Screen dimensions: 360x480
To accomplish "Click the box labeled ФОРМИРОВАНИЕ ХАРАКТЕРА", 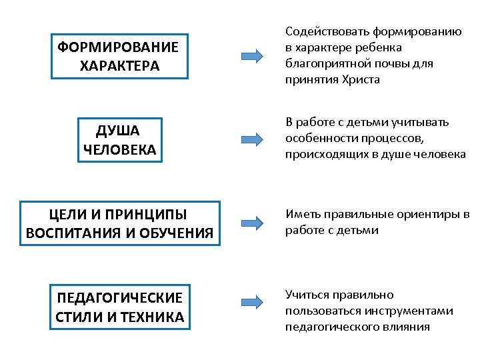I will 119,57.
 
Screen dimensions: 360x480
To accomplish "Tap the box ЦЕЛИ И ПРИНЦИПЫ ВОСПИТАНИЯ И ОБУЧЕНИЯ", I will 119,224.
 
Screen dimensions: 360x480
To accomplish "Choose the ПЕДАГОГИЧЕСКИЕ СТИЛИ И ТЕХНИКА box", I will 119,307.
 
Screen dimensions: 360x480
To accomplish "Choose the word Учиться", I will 307,295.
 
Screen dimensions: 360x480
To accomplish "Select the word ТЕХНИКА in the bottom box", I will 151,317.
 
